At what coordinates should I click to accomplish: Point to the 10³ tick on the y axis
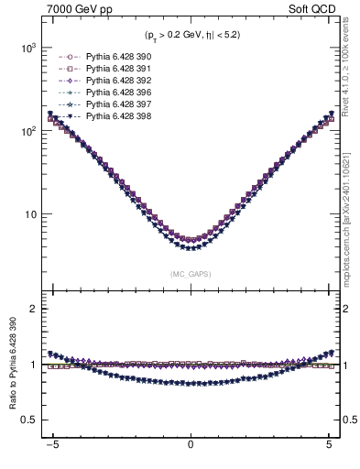(x=26, y=47)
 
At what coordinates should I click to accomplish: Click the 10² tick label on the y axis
(x=26, y=131)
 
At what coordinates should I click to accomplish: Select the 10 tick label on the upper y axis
(x=28, y=214)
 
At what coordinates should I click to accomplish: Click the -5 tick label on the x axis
(x=52, y=451)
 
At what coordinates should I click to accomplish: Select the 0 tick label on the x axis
(x=191, y=451)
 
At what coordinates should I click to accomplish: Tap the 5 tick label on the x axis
(x=328, y=451)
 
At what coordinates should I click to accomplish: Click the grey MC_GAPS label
(x=190, y=273)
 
